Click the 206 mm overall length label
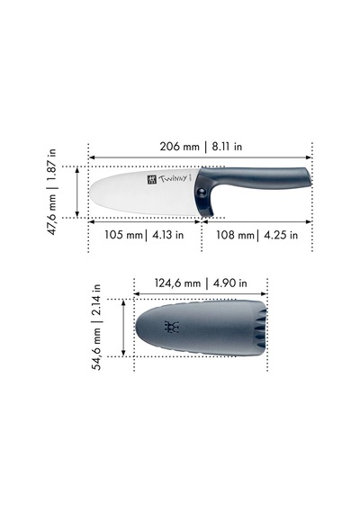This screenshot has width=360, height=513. [179, 146]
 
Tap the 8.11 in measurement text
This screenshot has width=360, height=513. [227, 146]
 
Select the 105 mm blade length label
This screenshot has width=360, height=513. [123, 235]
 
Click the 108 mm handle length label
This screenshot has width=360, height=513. [235, 235]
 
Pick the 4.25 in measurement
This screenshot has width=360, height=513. [281, 235]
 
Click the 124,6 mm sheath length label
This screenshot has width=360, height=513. [177, 283]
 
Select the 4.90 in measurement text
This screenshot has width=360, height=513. [230, 283]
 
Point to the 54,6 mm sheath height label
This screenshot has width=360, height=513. [97, 350]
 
